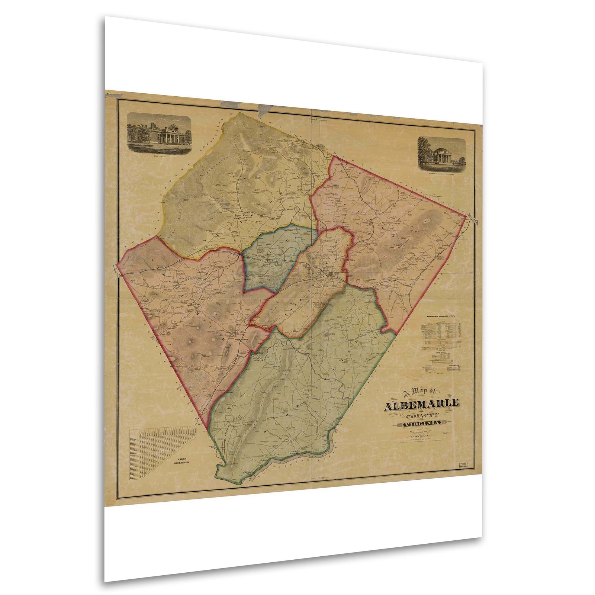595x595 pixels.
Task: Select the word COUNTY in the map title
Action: (423, 416)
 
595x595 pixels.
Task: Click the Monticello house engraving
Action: (160, 133)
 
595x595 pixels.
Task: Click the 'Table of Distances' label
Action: (182, 460)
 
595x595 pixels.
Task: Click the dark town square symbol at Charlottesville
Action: (330, 274)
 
